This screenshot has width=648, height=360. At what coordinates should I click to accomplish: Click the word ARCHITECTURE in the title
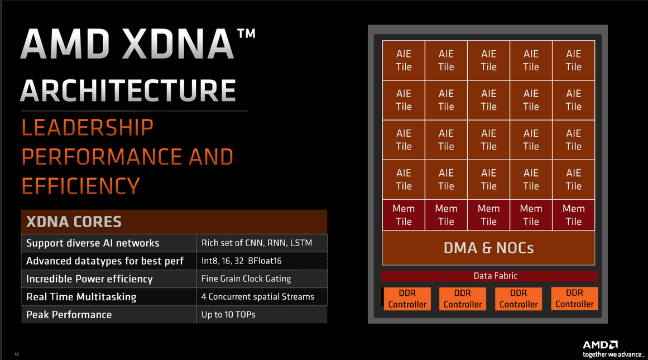click(x=128, y=90)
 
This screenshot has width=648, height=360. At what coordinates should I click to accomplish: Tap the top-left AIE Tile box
click(x=404, y=60)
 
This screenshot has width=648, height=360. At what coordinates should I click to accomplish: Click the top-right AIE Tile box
click(x=573, y=60)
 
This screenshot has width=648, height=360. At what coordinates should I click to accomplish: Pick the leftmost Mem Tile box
click(x=404, y=215)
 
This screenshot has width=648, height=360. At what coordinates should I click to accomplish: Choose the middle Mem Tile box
click(x=488, y=215)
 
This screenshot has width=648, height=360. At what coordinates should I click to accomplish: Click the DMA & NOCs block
click(x=488, y=248)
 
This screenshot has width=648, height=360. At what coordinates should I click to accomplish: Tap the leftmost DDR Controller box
click(x=407, y=299)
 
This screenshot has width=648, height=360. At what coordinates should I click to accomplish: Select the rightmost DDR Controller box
click(x=574, y=299)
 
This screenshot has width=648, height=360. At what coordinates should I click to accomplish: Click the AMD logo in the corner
click(x=600, y=345)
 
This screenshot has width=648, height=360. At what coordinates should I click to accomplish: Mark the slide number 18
click(x=16, y=354)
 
